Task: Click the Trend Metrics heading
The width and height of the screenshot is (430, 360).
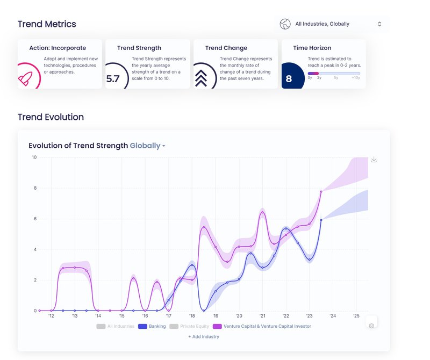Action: point(47,24)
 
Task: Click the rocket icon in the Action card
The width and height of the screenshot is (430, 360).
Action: point(25,79)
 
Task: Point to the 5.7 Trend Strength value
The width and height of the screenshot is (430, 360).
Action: point(113,79)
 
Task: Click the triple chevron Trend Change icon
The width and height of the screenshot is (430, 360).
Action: point(201,78)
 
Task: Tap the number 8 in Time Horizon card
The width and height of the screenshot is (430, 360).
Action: point(289,79)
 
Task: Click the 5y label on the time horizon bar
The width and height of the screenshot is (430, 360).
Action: point(336,78)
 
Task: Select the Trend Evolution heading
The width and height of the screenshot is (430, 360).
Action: point(51,117)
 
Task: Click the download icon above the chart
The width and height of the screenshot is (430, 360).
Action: point(374,160)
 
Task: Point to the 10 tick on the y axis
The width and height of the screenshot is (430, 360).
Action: point(34,157)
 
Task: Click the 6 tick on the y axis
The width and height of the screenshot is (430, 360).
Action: point(35,219)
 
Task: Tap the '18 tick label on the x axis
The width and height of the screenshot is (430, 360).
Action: point(192,316)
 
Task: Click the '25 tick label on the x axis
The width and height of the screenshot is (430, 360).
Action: point(356,316)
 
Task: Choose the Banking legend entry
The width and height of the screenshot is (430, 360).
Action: point(152,326)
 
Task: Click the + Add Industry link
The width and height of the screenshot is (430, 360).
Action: point(204,336)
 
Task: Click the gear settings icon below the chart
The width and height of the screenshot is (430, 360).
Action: point(371,326)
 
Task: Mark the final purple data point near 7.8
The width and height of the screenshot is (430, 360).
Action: point(321,191)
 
